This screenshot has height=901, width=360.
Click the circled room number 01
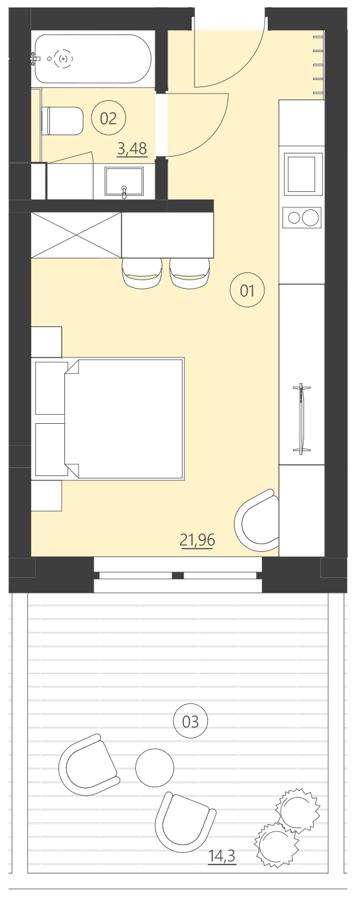pos(248,291)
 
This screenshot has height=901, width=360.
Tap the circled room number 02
pos(109,118)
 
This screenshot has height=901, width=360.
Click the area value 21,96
pos(197,539)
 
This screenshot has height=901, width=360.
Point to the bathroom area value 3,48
pos(131,149)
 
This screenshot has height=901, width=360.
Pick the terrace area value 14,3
pos(222,856)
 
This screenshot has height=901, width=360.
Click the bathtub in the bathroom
pos(92,59)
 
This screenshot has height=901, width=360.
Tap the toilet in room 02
pos(62,121)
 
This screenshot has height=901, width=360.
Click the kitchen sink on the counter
pos(303,174)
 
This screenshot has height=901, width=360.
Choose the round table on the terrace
pos(155,768)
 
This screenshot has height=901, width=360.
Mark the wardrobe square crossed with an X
pos(76,235)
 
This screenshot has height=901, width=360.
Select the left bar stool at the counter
pos(142,272)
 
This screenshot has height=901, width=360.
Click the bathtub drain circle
pos(63,59)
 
